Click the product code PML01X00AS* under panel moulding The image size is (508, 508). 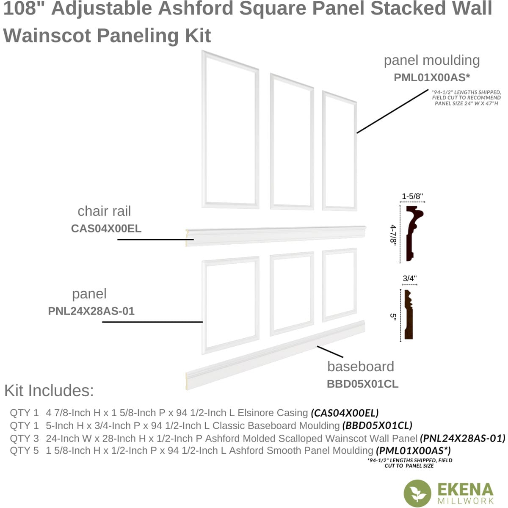431,77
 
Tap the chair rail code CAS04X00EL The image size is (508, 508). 106,229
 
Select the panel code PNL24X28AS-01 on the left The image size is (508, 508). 91,311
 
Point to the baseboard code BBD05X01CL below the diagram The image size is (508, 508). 362,384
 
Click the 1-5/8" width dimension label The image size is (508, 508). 412,196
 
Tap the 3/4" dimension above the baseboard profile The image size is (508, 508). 409,279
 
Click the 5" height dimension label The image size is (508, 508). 393,316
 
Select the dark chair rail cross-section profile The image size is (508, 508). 413,233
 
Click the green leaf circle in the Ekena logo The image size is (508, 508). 417,493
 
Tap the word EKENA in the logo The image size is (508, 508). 465,490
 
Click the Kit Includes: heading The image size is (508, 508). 49,390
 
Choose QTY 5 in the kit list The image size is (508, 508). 24,451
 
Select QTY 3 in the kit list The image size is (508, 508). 24,438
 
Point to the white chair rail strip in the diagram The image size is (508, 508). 275,235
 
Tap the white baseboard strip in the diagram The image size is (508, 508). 275,356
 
